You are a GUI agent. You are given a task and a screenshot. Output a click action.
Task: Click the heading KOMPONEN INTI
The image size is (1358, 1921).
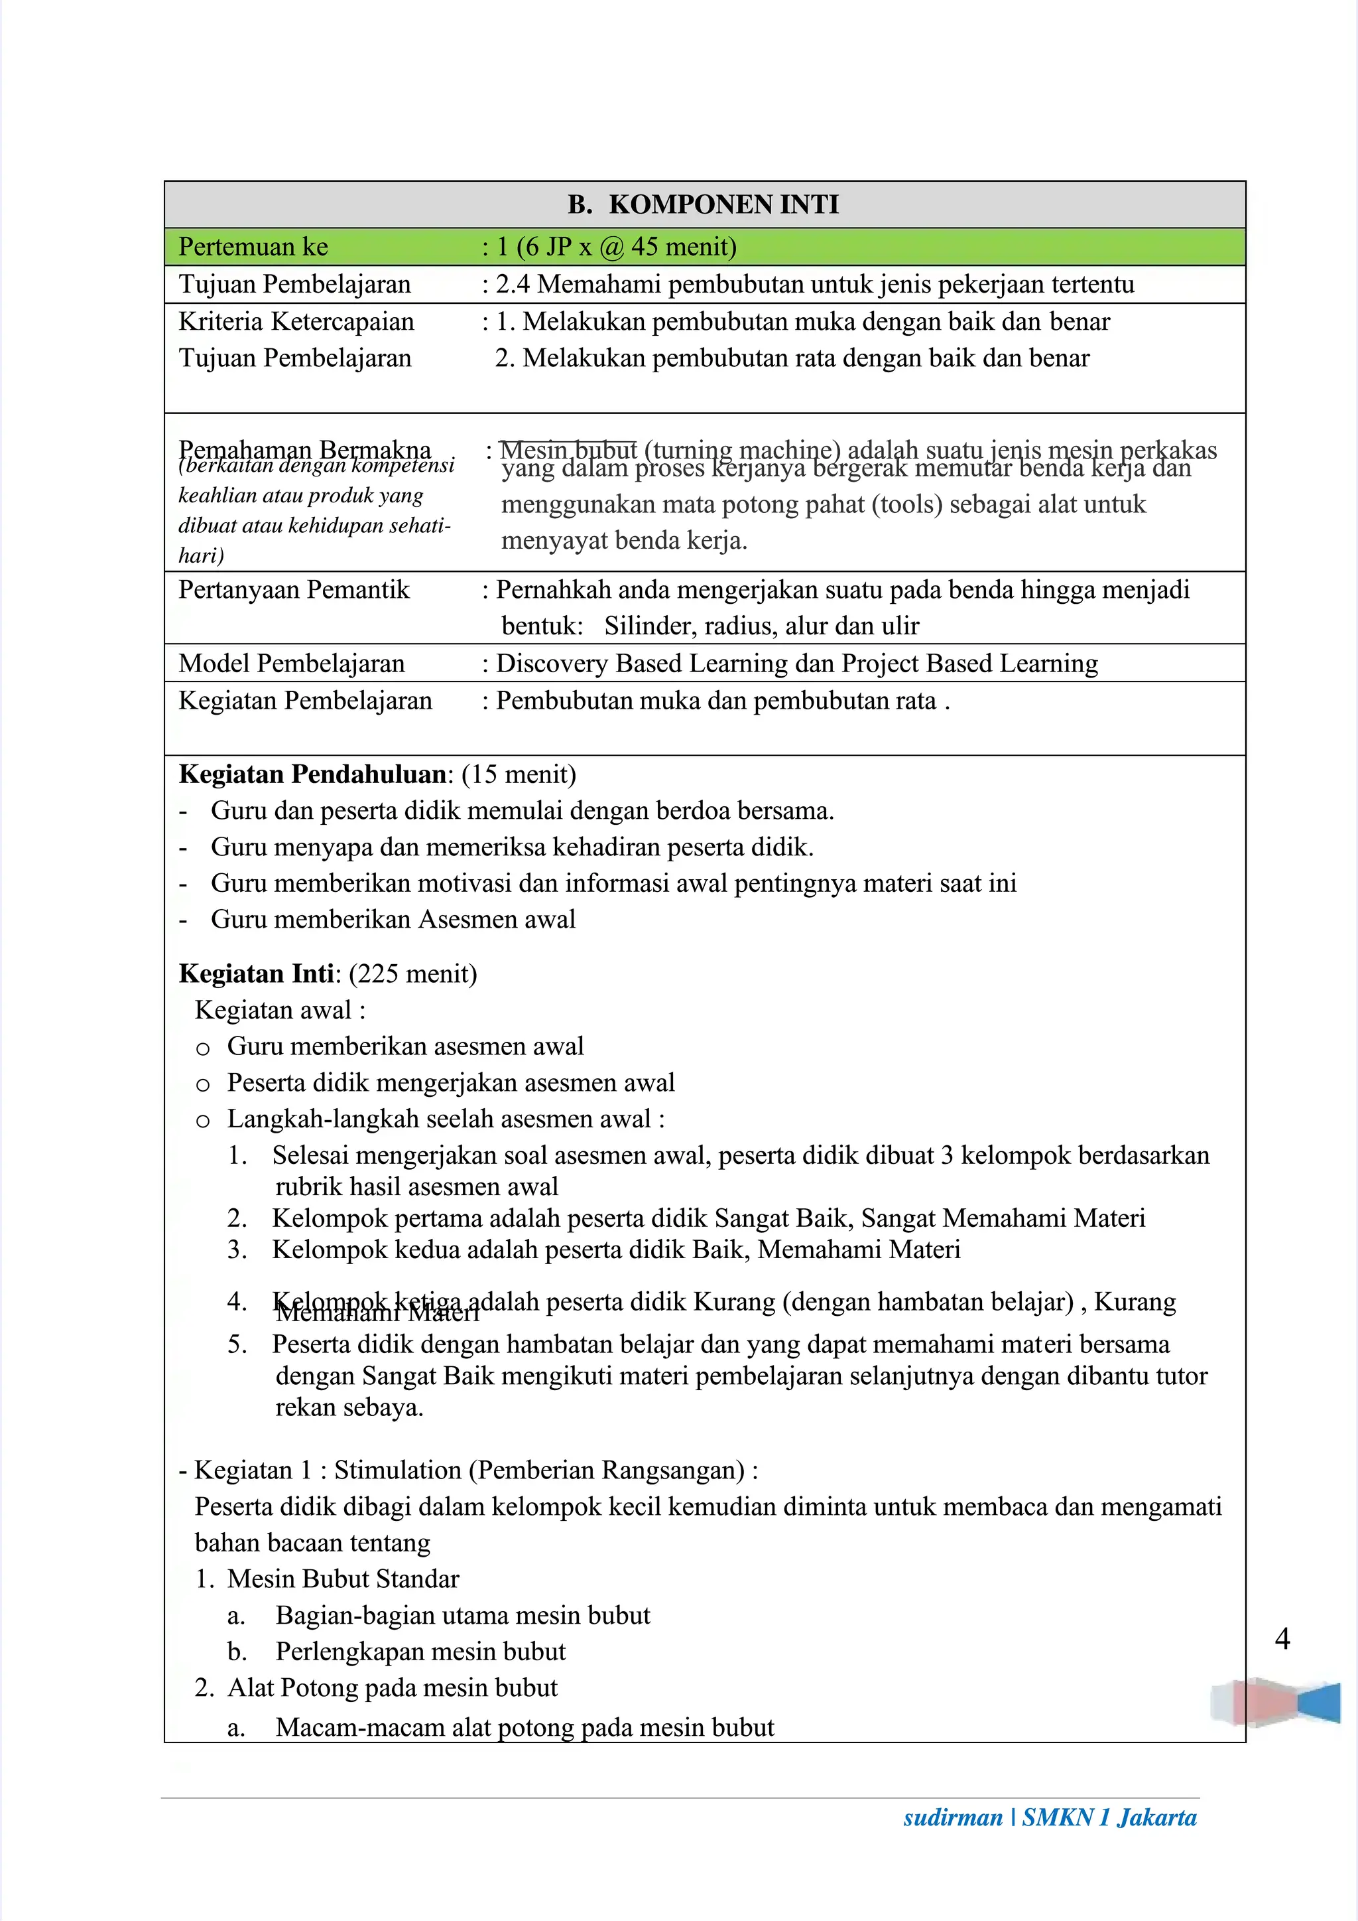pos(723,204)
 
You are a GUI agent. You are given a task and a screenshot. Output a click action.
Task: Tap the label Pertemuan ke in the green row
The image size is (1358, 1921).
pos(253,247)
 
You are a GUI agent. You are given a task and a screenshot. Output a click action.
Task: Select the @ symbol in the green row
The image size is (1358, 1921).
pos(611,248)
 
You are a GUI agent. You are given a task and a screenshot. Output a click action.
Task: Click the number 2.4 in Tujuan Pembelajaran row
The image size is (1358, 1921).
pos(513,285)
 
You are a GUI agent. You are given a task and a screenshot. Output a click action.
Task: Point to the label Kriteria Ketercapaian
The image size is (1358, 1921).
pos(296,321)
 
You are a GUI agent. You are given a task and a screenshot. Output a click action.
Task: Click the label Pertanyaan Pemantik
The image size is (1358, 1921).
pos(294,590)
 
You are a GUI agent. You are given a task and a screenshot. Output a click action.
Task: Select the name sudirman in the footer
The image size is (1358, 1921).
pos(952,1817)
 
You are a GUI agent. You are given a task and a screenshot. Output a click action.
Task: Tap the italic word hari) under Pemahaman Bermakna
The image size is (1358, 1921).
pos(201,555)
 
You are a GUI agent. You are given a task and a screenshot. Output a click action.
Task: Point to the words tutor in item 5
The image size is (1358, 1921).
pos(1181,1376)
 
